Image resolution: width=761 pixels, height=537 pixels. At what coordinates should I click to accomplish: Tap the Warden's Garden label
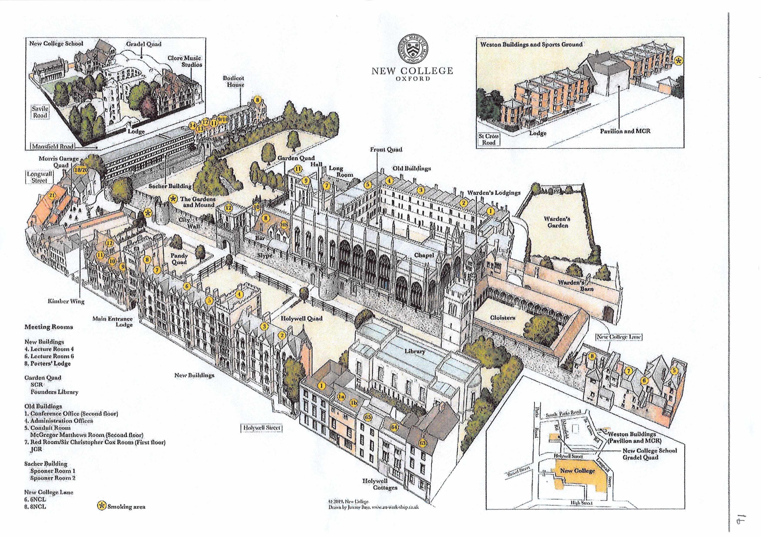[x=558, y=222]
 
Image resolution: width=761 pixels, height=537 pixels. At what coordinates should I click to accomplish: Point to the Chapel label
[x=424, y=255]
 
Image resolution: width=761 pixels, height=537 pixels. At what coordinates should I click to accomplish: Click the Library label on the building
[x=414, y=351]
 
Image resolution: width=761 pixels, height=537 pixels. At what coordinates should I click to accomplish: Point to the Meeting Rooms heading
[x=49, y=327]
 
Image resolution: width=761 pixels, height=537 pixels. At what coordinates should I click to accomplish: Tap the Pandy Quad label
[x=179, y=259]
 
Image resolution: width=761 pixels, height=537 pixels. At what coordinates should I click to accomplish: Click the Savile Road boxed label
[x=40, y=112]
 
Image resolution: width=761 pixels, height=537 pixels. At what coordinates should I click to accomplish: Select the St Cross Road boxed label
[x=489, y=139]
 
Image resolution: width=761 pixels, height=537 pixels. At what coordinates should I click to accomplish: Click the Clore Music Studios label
[x=184, y=61]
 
